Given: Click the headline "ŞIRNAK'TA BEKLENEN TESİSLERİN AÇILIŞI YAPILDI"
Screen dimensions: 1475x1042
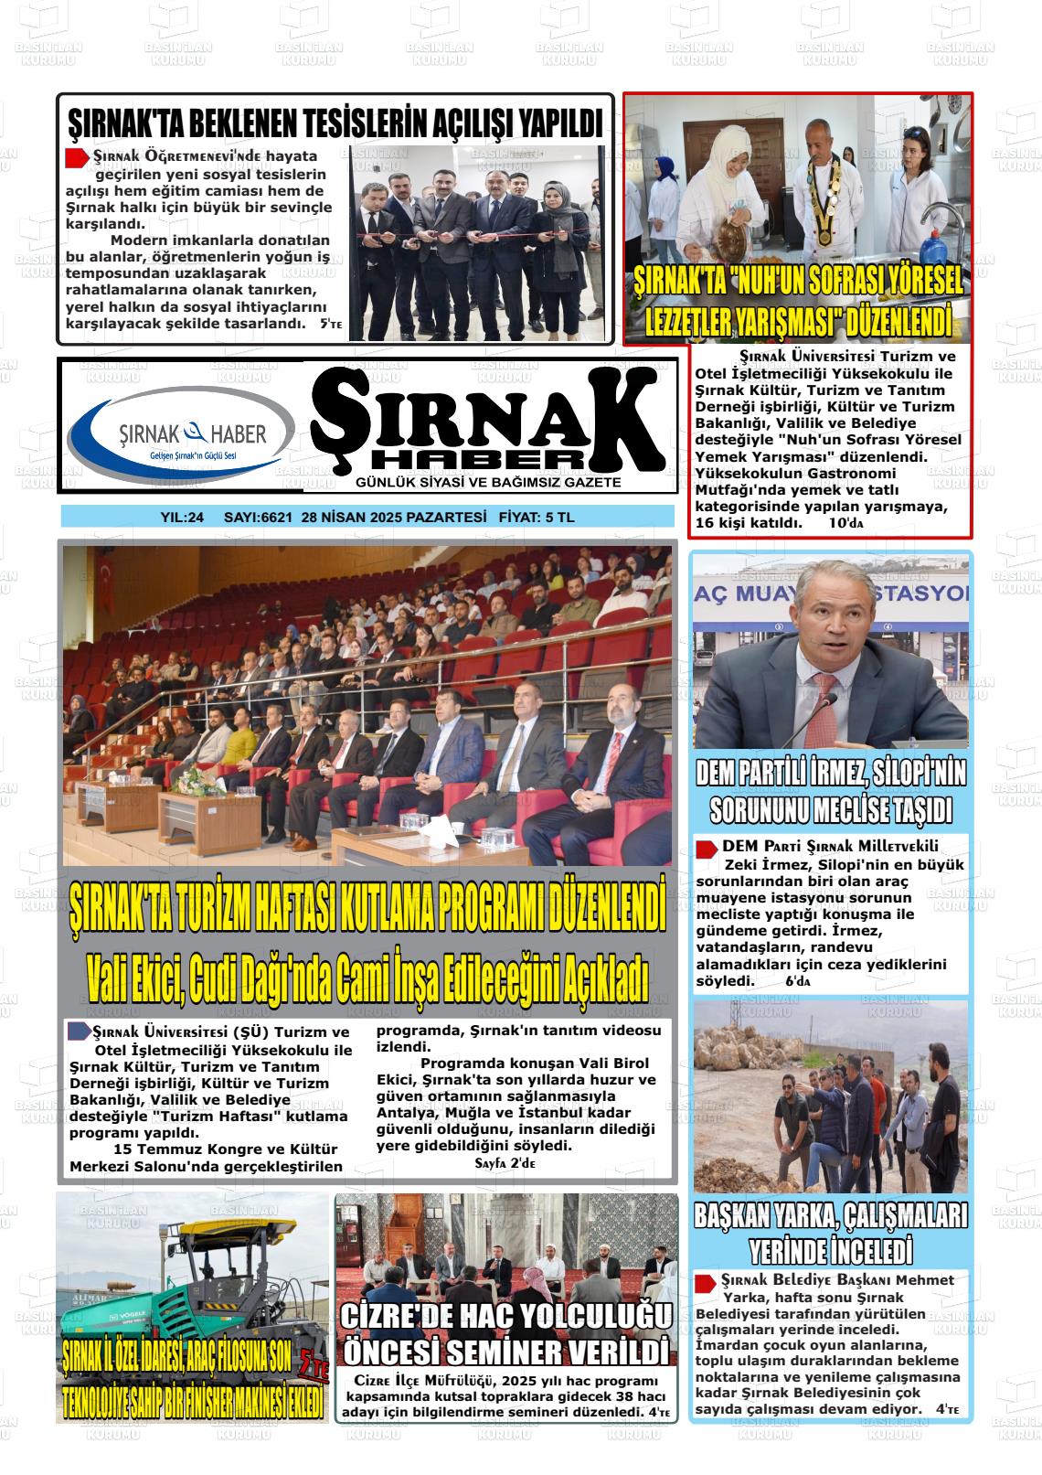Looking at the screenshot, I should point(335,123).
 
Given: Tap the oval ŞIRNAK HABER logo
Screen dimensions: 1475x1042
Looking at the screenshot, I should point(182,435).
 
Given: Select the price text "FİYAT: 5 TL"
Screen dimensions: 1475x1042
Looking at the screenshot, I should point(537,518).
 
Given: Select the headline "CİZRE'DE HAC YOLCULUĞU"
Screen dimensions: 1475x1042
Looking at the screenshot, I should point(506,1317).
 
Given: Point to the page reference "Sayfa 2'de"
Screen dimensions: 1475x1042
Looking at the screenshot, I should point(505,1163).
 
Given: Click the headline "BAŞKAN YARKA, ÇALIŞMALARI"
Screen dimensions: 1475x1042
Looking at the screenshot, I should point(830,1217).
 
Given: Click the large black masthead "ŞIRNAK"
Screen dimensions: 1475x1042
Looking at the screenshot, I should point(486,417).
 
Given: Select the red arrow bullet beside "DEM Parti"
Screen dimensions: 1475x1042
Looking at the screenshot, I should point(706,848).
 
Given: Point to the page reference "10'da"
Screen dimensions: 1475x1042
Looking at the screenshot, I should point(845,524).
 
